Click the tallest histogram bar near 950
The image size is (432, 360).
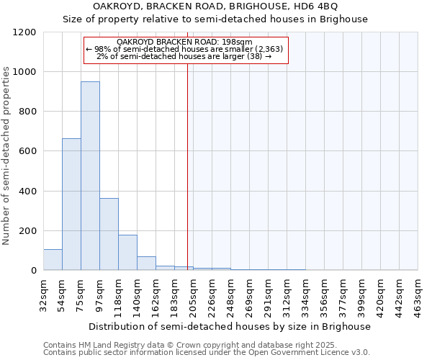[x=90, y=176]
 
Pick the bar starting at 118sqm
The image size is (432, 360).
[x=127, y=252]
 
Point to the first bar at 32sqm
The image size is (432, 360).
[x=53, y=260]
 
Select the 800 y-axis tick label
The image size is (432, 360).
[x=27, y=112]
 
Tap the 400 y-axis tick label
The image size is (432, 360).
[x=27, y=192]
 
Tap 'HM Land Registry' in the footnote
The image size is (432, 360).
[x=108, y=345]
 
